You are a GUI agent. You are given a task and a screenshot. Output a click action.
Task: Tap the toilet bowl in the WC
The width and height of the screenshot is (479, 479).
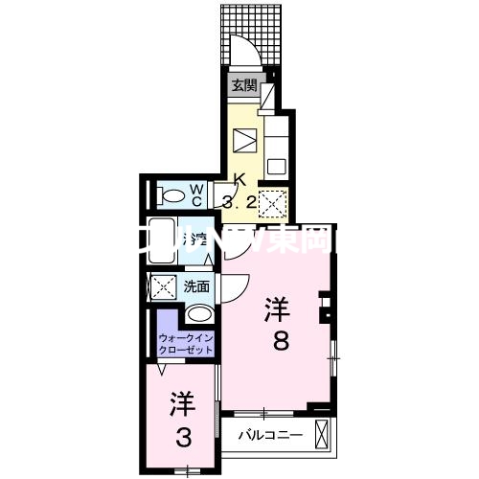tap(173, 196)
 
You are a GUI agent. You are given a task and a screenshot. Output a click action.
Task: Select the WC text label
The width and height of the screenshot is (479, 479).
tap(195, 194)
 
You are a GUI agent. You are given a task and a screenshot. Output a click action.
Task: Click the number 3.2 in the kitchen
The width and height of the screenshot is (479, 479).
tap(239, 201)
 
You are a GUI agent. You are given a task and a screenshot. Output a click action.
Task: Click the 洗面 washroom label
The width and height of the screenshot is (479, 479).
tap(196, 285)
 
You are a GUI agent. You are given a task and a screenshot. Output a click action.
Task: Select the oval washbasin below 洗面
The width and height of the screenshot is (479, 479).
tap(199, 314)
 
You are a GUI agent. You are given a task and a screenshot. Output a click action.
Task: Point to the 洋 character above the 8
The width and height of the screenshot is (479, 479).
tap(278, 308)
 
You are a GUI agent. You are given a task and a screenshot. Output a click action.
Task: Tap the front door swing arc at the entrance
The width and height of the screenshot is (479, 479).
tap(243, 53)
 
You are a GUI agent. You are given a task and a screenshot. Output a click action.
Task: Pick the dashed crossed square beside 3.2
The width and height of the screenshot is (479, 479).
tap(273, 203)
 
